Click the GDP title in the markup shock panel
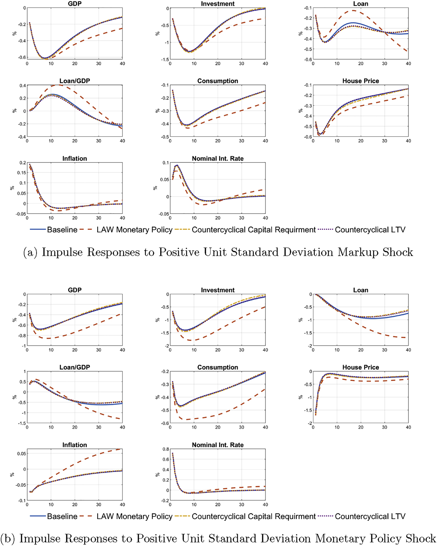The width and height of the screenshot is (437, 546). click(74, 4)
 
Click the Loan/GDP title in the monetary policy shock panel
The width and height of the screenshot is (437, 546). click(74, 367)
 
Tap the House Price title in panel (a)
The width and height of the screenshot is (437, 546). click(361, 81)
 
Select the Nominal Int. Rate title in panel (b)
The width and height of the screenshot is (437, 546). click(217, 445)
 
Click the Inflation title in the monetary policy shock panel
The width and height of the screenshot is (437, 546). click(74, 445)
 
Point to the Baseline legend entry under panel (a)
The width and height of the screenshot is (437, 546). click(62, 230)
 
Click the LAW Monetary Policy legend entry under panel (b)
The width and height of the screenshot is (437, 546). click(134, 517)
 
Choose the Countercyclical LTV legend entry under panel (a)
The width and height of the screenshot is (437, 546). click(370, 230)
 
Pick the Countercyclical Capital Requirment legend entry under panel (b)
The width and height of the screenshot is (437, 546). click(253, 517)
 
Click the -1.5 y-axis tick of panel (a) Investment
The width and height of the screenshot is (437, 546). click(165, 60)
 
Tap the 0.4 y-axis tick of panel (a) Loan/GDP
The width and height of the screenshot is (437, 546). click(22, 86)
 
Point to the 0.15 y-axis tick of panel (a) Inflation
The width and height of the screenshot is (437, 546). click(21, 173)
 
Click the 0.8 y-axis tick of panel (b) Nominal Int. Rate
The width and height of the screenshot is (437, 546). click(166, 449)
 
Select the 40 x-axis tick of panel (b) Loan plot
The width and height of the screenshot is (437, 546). click(408, 350)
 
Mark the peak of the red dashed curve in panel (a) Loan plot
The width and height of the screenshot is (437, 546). click(352, 11)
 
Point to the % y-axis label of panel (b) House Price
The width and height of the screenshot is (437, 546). click(300, 397)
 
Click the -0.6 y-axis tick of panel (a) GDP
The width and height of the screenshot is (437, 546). click(22, 57)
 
